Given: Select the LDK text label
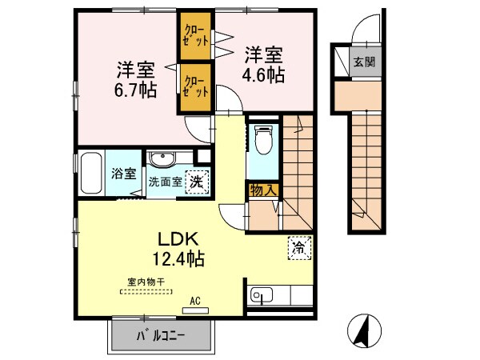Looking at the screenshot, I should (x=181, y=239).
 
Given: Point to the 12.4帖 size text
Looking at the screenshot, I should (x=179, y=258).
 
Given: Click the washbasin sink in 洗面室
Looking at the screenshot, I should (x=166, y=158).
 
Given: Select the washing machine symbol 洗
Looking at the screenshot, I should (x=194, y=182).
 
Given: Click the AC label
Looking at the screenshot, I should (x=194, y=302).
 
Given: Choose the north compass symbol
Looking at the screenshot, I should (x=364, y=329).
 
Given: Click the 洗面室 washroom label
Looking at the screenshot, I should (x=165, y=182).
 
